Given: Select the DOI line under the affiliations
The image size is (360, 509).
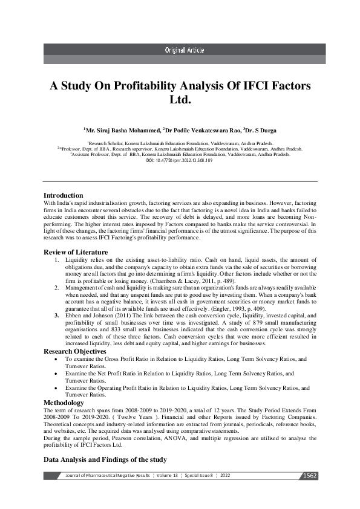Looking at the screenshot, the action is click(180, 160).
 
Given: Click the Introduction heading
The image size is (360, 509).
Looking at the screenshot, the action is click(64, 195).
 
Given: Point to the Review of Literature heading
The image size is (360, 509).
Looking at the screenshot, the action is click(76, 251).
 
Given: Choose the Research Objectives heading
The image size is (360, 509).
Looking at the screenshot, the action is click(75, 351).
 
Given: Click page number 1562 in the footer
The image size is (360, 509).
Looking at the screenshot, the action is click(309, 476).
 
